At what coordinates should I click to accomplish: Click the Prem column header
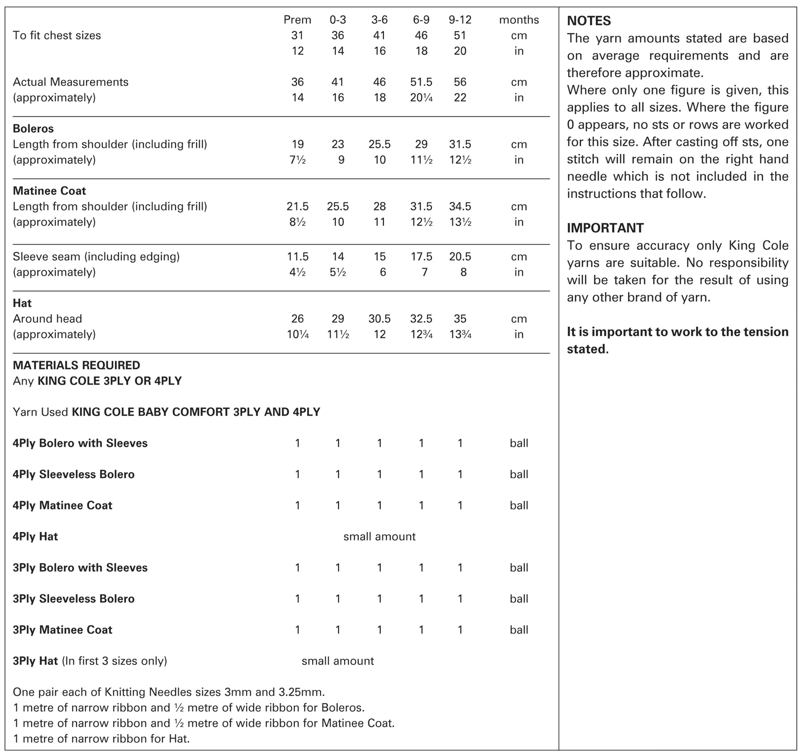(x=297, y=20)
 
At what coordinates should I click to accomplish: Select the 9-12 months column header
(x=460, y=20)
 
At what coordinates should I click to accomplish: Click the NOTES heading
(x=589, y=21)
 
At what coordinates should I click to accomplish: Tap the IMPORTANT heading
(x=605, y=228)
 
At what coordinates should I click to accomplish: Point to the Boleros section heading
(x=33, y=129)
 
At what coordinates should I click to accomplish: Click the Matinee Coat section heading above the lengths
(x=49, y=191)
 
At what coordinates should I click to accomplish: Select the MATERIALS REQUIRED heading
(x=76, y=365)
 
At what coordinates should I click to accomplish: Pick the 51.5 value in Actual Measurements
(x=421, y=82)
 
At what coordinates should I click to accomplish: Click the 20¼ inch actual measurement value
(x=421, y=98)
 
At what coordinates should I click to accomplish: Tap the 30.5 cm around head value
(x=379, y=319)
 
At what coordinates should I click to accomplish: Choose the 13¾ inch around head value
(x=460, y=334)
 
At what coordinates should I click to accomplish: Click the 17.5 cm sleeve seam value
(x=421, y=256)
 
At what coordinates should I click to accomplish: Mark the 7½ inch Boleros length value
(x=297, y=160)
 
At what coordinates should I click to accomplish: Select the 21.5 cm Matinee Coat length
(x=297, y=206)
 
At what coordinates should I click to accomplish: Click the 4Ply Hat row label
(x=35, y=536)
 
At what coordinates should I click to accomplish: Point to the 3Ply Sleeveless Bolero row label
(x=73, y=599)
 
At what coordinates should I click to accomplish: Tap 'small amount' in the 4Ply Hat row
(x=379, y=536)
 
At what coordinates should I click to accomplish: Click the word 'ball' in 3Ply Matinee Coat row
(x=518, y=629)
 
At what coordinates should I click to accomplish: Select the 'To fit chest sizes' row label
(x=57, y=36)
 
